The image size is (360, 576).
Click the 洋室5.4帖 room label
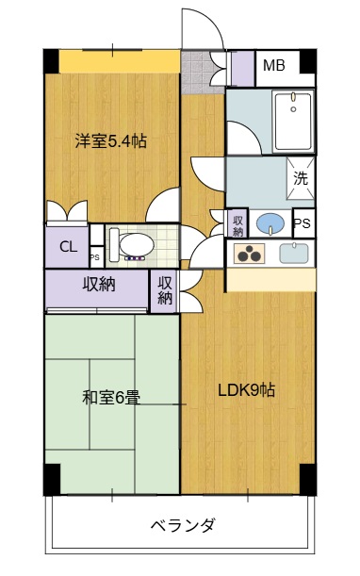tap(111, 142)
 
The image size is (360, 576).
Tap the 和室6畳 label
tap(111, 398)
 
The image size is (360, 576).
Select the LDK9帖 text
tap(247, 390)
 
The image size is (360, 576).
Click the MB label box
tap(274, 66)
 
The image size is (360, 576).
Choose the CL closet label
tap(68, 247)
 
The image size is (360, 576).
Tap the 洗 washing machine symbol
tap(300, 176)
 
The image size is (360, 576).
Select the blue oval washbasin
tap(270, 224)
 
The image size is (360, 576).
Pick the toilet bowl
tap(133, 244)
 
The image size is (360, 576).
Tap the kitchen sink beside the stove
tap(293, 253)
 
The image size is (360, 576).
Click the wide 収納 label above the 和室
tap(98, 285)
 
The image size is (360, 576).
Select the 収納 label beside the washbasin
tap(237, 225)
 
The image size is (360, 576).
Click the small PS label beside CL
tap(94, 256)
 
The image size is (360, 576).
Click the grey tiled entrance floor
tap(196, 71)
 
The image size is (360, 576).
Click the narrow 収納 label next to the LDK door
tap(165, 290)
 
